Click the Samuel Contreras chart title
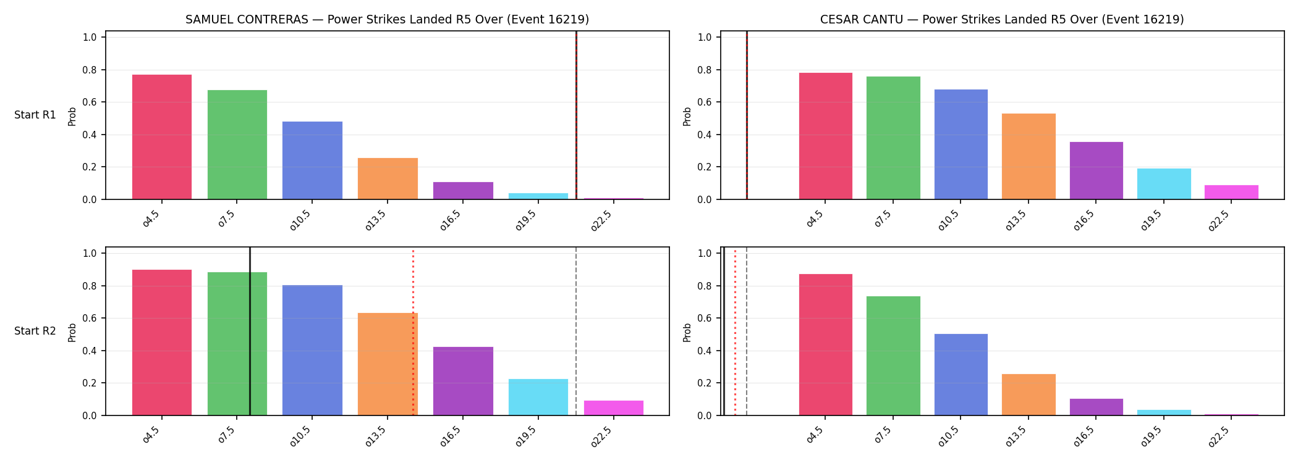387,20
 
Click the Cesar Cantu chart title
1002,20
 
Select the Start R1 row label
35,115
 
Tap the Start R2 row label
35,331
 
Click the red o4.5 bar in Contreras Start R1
162,137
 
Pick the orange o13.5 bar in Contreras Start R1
388,178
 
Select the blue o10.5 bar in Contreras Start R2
312,350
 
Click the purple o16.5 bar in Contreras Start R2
463,381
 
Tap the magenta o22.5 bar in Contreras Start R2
614,408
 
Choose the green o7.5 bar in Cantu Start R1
893,138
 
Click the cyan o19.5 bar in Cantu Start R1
1164,184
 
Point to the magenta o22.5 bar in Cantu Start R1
1231,192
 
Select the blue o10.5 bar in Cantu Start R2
961,375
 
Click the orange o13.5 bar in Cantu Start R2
1029,394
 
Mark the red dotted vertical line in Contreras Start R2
413,332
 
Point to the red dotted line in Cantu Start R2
735,332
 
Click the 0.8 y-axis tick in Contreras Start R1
90,70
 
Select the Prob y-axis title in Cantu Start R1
687,116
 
